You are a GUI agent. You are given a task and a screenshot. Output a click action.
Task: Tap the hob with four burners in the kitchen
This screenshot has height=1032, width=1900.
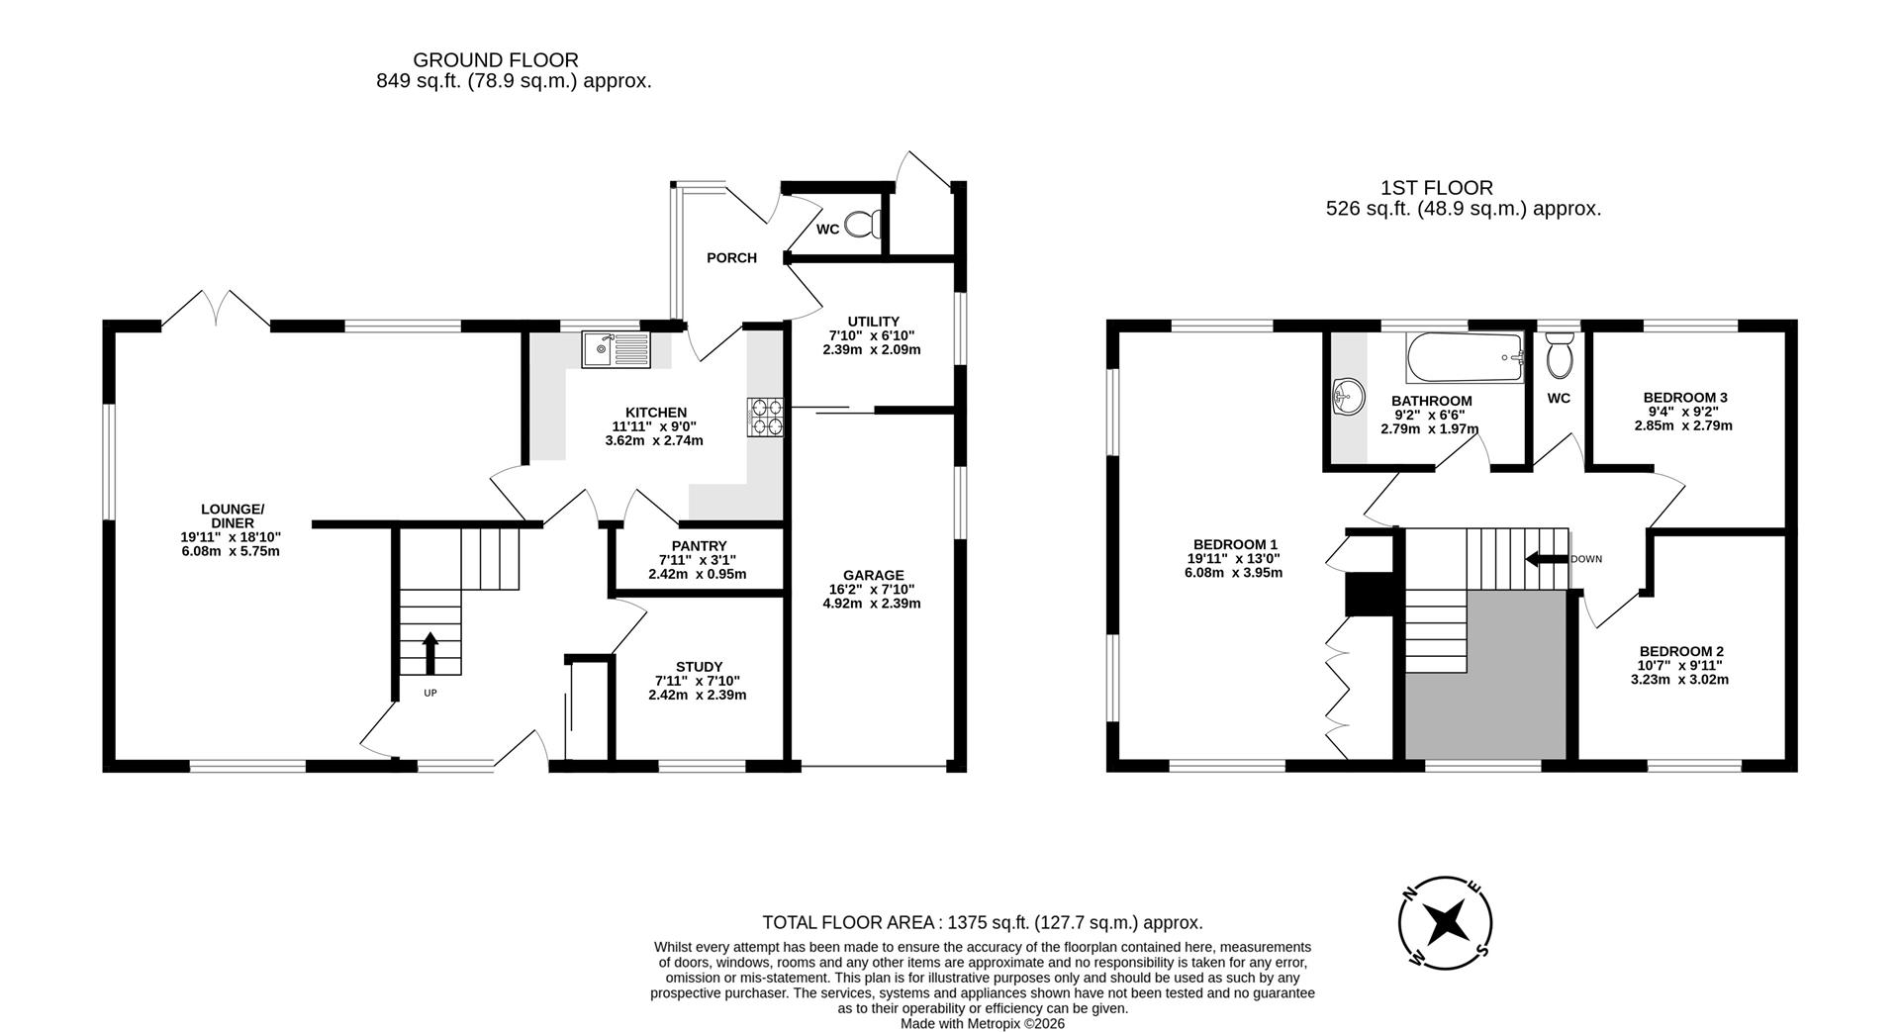point(765,417)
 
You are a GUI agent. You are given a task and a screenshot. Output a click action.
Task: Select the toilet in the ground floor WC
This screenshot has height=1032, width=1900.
point(864,225)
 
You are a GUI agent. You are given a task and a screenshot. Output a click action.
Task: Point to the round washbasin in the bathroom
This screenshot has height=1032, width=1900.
point(1346,398)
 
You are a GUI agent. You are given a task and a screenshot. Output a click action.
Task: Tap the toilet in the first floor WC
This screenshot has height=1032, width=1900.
point(1559,356)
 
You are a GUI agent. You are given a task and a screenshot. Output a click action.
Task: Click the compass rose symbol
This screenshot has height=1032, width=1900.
point(1446,922)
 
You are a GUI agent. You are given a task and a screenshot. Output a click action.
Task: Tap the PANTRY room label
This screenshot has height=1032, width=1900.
point(699,546)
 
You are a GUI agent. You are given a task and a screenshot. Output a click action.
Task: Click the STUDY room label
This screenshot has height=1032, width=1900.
point(699,667)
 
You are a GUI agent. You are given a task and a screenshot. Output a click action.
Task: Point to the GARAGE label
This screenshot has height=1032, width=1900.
point(873,575)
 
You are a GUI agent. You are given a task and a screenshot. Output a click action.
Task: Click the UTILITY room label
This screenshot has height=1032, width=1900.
point(873,322)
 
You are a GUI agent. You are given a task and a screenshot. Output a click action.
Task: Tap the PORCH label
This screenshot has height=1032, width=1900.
point(731,258)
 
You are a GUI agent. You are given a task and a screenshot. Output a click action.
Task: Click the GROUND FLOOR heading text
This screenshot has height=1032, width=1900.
point(496,60)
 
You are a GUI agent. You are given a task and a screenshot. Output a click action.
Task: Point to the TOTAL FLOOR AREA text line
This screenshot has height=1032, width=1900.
point(982,923)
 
